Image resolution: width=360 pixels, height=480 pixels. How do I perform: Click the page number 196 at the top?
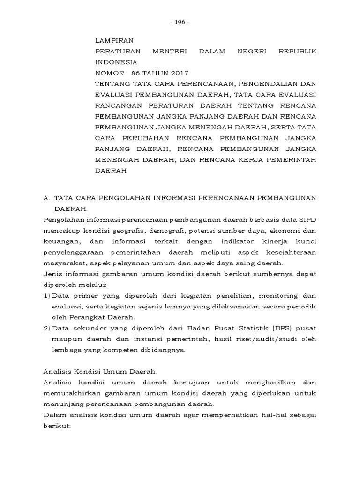click(x=180, y=22)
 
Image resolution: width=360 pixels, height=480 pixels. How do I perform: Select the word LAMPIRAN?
click(x=112, y=41)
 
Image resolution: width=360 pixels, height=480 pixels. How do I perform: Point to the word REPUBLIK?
click(x=297, y=51)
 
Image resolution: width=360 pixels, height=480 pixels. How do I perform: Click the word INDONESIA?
click(x=116, y=62)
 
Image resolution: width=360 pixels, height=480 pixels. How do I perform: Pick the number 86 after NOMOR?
click(x=136, y=73)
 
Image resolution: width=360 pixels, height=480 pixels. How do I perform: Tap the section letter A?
click(x=45, y=198)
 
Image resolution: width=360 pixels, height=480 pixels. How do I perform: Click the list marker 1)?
click(x=47, y=296)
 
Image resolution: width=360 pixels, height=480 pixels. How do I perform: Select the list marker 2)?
click(x=47, y=328)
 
